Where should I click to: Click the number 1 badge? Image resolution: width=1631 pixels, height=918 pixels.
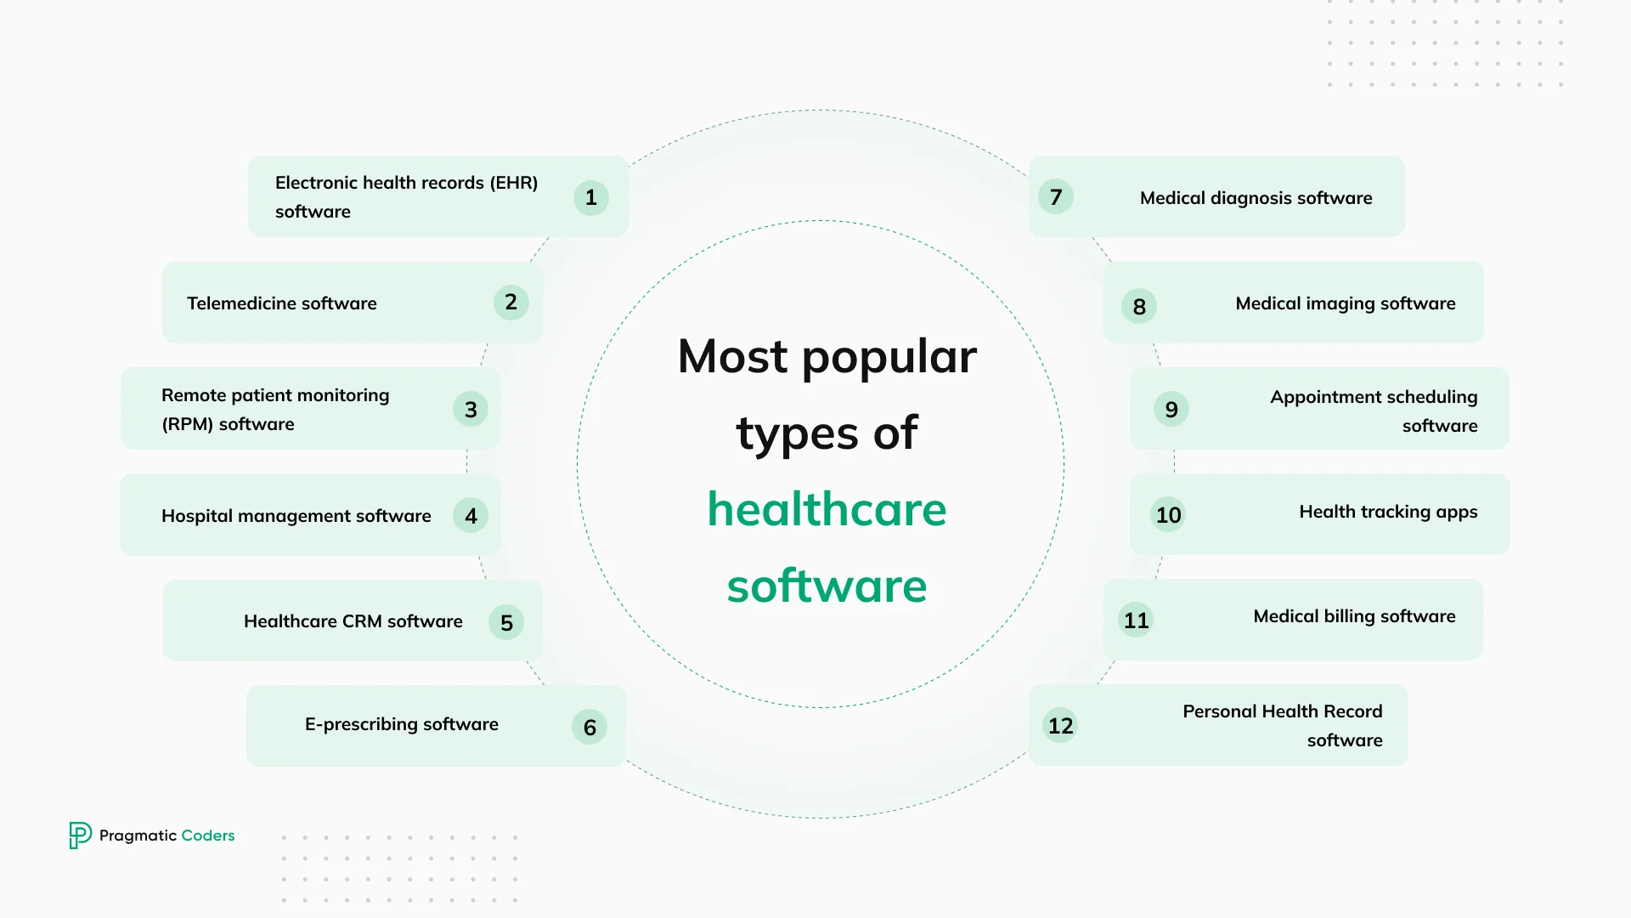[x=591, y=198]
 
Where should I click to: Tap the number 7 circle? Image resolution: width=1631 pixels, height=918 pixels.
[x=1056, y=197]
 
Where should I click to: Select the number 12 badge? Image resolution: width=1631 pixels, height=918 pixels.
[x=1060, y=726]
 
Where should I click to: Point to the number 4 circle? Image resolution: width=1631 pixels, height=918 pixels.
[x=471, y=516]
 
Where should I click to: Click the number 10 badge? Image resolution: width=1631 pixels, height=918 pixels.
[x=1168, y=515]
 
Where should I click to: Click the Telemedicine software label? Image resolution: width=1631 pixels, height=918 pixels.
[x=281, y=303]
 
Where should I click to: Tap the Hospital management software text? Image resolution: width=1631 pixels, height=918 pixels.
[x=296, y=516]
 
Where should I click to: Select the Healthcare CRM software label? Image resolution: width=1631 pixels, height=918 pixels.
[x=353, y=621]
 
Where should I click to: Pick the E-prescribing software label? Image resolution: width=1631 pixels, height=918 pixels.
[x=401, y=724]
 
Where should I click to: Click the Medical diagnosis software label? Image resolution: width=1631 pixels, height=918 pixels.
[x=1256, y=198]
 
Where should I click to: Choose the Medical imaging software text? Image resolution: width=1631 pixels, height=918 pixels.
[x=1345, y=303]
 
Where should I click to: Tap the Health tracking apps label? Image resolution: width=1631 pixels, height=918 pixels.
[x=1388, y=512]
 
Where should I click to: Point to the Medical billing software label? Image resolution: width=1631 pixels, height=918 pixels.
[x=1354, y=616]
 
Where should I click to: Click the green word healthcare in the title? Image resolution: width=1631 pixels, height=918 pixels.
[x=827, y=509]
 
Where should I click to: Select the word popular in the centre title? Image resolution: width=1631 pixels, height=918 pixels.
[x=889, y=358]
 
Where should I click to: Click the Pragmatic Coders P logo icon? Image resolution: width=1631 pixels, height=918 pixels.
[x=80, y=835]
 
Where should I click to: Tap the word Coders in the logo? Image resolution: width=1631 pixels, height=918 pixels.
[x=208, y=836]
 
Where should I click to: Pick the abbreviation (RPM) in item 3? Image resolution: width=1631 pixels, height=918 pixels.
[x=188, y=424]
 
